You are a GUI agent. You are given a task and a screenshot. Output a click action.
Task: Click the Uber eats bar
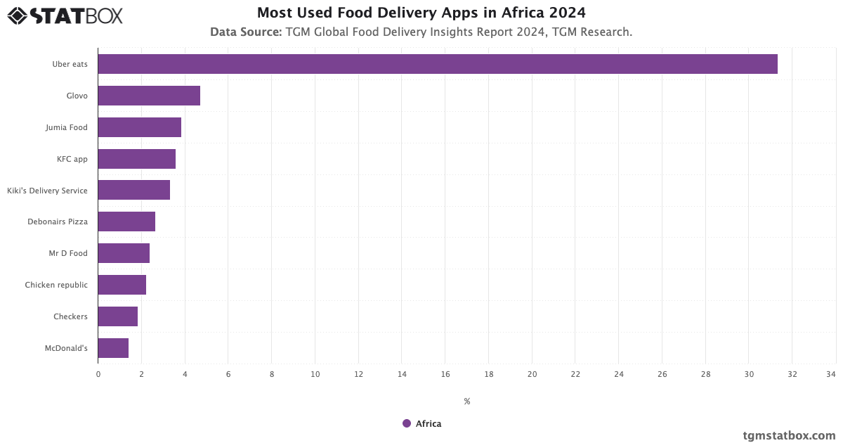[437, 64]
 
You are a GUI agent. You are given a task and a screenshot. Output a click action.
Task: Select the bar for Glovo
[149, 96]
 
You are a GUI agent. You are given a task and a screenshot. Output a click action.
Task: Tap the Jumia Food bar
[139, 127]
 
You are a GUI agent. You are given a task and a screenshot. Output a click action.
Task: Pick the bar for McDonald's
[113, 348]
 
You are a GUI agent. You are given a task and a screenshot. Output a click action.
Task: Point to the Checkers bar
[117, 316]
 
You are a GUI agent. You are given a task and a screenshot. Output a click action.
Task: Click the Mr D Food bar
[124, 253]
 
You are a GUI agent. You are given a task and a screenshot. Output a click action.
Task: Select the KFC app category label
[72, 159]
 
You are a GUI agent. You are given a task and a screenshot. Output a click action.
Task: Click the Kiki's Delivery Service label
[47, 191]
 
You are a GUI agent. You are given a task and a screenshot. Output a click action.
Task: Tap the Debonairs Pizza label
[58, 222]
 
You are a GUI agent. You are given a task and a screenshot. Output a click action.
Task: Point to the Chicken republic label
[56, 285]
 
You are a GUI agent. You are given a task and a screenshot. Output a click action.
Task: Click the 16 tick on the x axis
[445, 374]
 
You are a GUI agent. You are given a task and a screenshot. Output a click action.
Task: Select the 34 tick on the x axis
[831, 374]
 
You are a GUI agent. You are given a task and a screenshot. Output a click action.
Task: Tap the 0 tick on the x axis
[98, 374]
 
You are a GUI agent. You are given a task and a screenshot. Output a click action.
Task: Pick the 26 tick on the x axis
[662, 374]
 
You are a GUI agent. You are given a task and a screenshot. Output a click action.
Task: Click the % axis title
[467, 402]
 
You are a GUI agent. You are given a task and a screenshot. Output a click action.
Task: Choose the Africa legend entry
[422, 423]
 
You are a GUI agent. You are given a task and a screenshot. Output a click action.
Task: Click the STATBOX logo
[65, 15]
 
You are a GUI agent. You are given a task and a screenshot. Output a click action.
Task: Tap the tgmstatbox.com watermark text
[789, 435]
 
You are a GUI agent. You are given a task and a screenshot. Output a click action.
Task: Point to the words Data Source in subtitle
[246, 32]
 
